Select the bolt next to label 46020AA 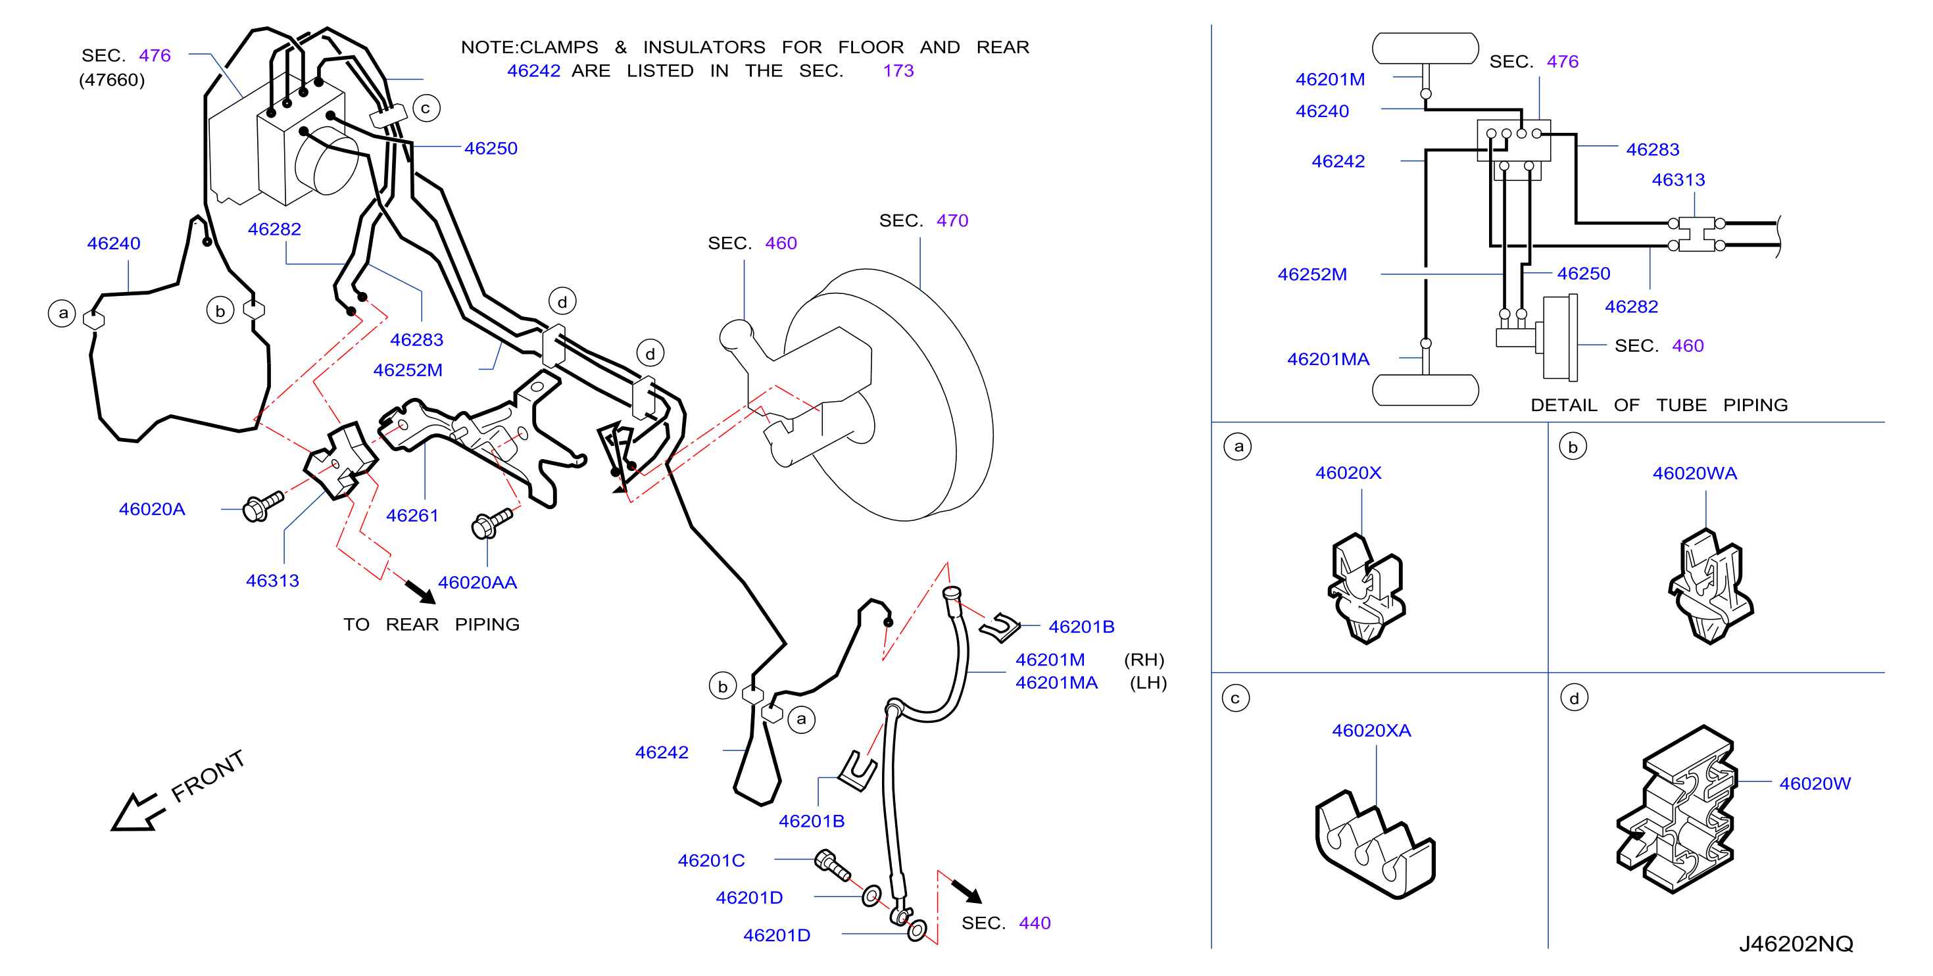[491, 523]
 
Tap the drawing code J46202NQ [1796, 944]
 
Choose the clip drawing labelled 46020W [1677, 809]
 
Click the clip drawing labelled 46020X [1365, 588]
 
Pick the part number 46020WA [1694, 474]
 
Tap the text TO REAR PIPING [431, 625]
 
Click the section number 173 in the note [898, 70]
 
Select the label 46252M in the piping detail [1311, 274]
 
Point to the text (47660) [112, 80]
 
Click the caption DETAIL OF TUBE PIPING [1659, 405]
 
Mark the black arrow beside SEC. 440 [967, 891]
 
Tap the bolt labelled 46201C [831, 865]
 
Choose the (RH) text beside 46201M [1144, 660]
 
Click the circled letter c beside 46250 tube [426, 108]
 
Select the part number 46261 [412, 516]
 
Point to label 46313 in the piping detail [1678, 180]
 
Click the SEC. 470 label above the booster [923, 220]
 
